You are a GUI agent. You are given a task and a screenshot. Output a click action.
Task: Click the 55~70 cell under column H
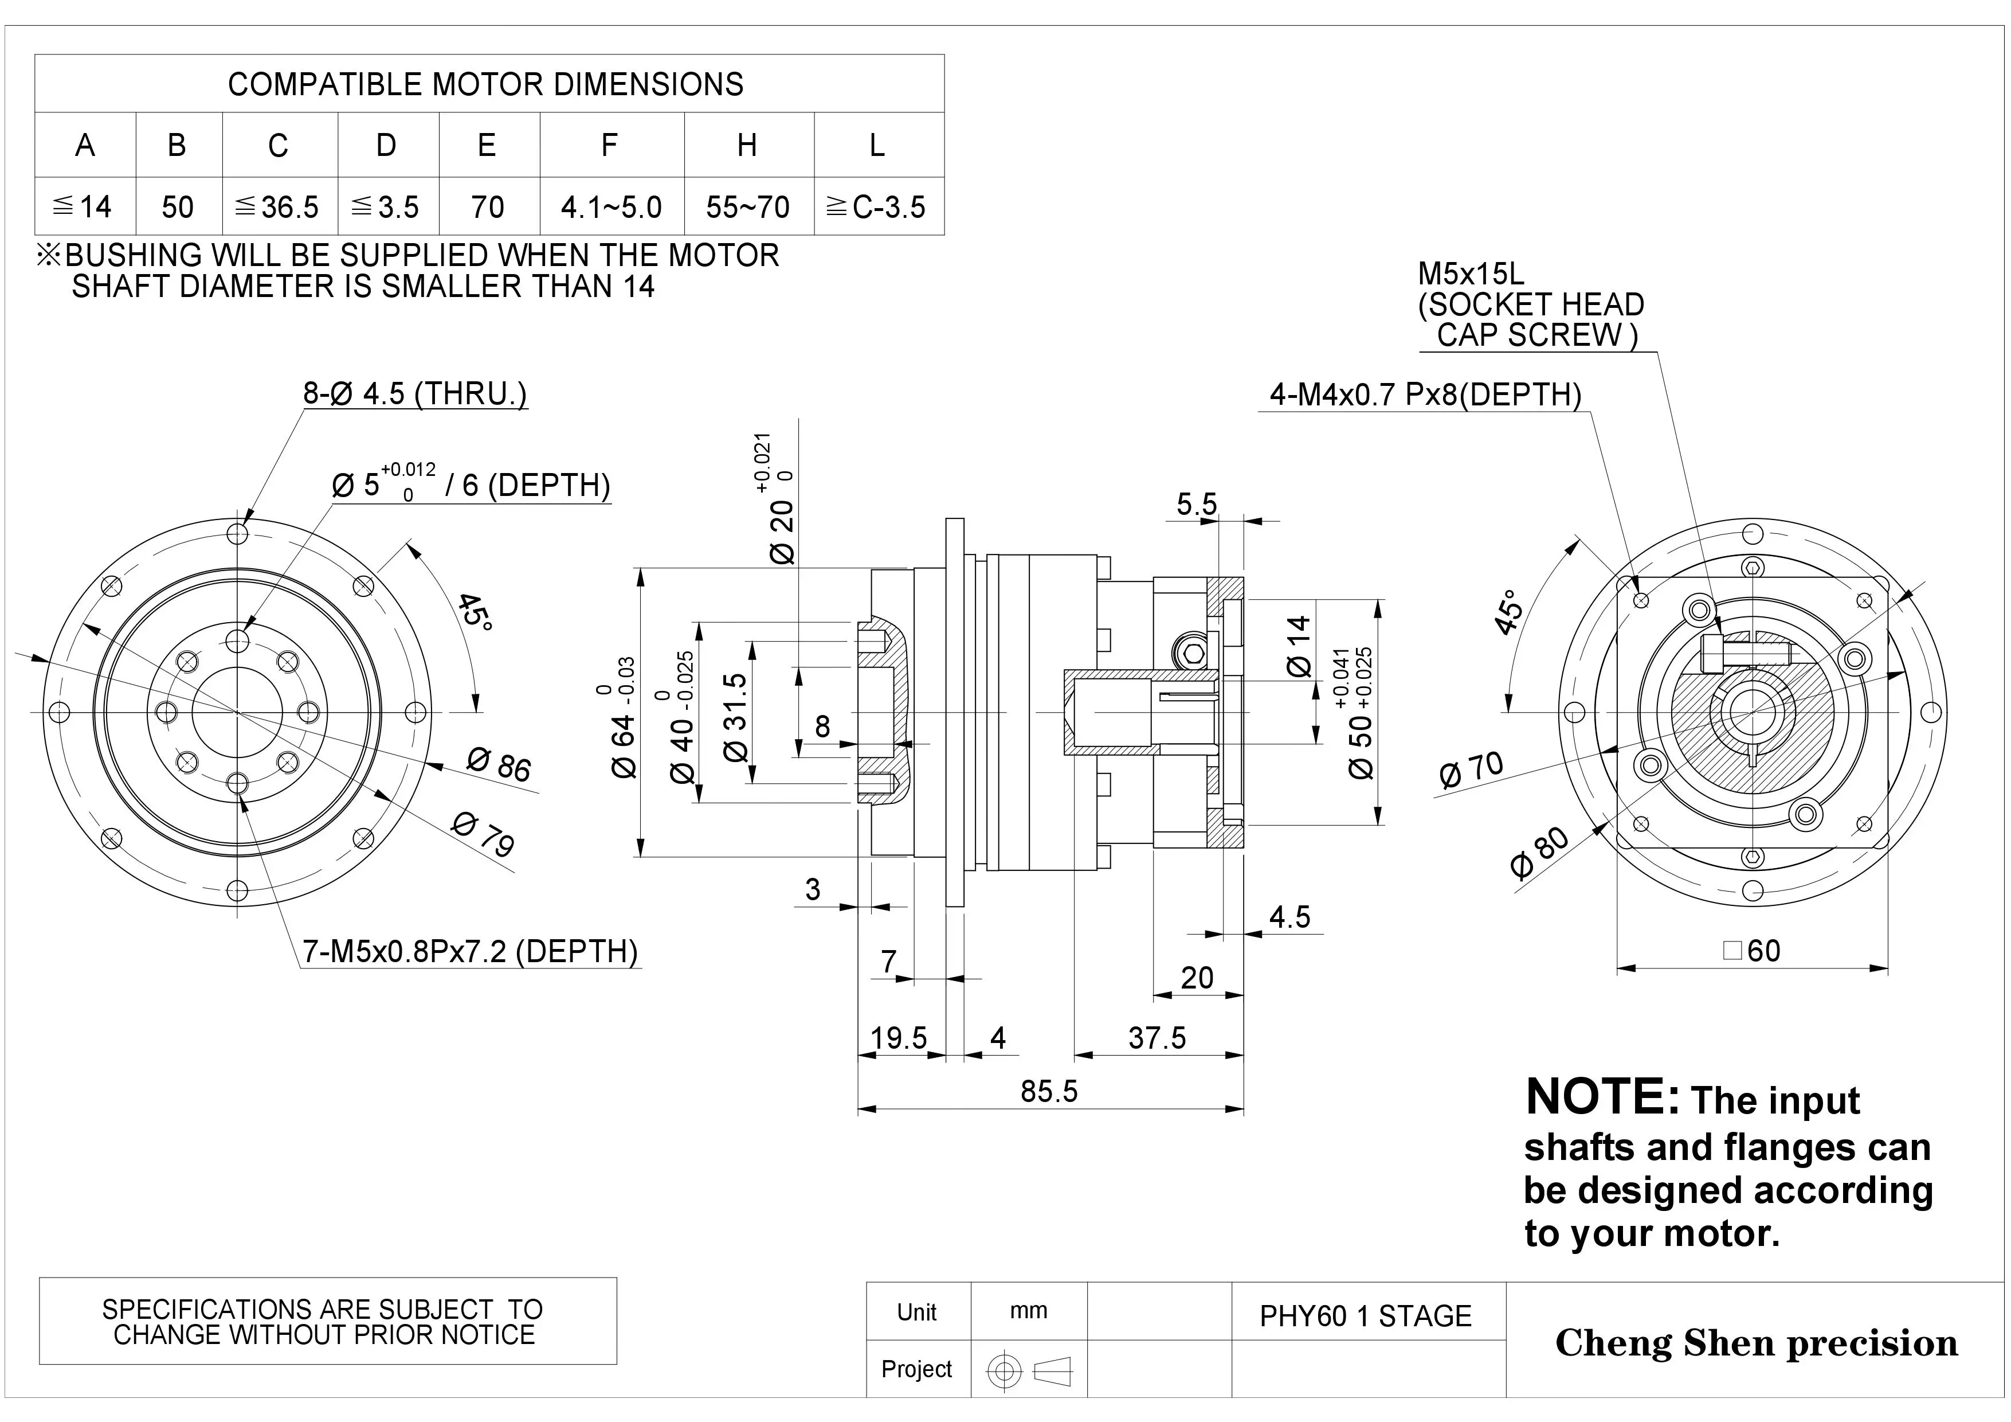coord(747,207)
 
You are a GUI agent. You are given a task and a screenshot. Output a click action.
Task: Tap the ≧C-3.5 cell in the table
coord(877,207)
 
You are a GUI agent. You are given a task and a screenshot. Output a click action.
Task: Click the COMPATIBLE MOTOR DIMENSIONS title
coord(485,84)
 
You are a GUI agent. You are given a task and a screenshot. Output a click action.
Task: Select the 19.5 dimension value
coord(898,1037)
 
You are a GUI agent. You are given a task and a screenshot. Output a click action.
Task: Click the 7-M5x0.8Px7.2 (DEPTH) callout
coord(471,951)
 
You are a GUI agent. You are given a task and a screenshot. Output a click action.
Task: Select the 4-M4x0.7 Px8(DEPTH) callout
coord(1425,394)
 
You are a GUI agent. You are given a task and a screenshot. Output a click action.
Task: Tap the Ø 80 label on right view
coord(1540,851)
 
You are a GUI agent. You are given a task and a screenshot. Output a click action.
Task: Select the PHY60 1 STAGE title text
coord(1366,1316)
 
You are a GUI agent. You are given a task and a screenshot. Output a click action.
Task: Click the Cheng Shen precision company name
coord(1756,1343)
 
